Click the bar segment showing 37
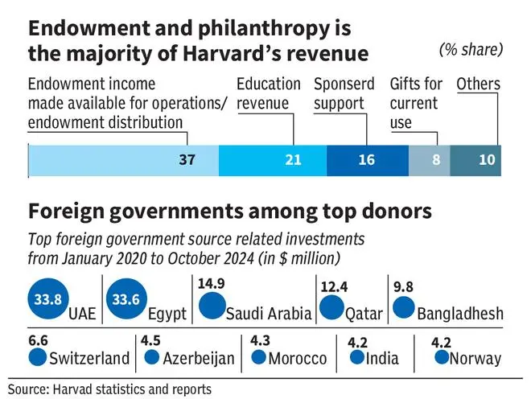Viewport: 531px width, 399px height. click(123, 160)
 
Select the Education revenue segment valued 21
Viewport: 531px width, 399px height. click(272, 160)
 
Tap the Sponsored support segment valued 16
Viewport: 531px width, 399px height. click(367, 160)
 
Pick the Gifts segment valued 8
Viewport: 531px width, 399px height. click(429, 160)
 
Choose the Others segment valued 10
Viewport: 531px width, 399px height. click(475, 160)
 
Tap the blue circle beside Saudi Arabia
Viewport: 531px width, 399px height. click(212, 306)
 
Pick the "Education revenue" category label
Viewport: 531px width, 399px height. click(269, 93)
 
